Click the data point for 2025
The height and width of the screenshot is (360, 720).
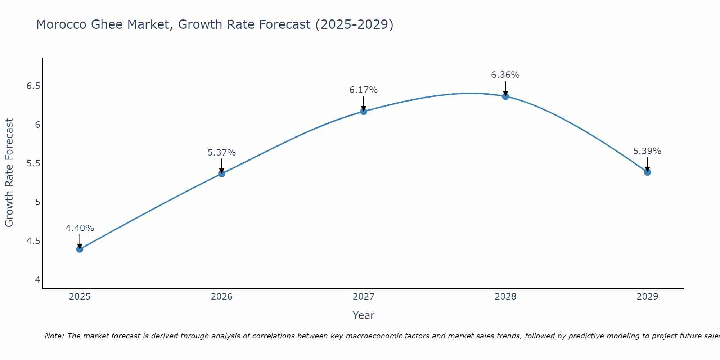click(80, 249)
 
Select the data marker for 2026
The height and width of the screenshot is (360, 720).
click(221, 174)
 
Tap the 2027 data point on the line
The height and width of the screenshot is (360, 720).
click(363, 111)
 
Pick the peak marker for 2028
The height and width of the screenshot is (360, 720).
click(505, 96)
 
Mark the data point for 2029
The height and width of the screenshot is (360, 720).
click(647, 172)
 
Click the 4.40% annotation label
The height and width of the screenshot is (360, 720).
click(80, 228)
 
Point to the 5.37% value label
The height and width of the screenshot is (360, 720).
click(221, 152)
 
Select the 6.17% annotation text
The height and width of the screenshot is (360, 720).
click(363, 90)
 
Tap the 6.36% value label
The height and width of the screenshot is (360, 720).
click(505, 75)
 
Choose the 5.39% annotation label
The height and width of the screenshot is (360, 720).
click(647, 151)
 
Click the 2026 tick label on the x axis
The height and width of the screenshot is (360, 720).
click(221, 296)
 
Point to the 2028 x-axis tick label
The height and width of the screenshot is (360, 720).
click(505, 296)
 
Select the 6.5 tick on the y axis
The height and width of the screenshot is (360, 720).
click(33, 86)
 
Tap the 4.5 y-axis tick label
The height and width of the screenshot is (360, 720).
click(33, 241)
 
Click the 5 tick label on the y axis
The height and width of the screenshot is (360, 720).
click(37, 202)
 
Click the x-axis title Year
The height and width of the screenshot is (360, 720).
click(363, 315)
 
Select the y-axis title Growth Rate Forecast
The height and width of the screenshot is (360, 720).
click(9, 172)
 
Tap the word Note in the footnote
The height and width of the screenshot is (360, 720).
click(54, 336)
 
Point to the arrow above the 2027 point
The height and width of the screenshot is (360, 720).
click(363, 103)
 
